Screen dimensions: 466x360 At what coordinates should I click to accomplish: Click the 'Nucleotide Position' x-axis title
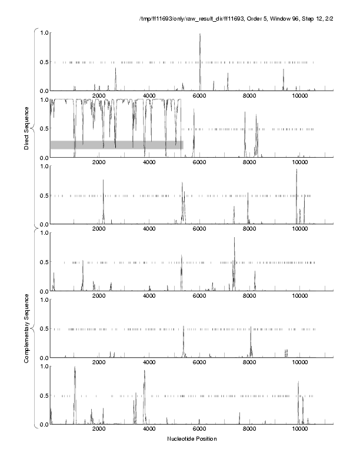(192, 439)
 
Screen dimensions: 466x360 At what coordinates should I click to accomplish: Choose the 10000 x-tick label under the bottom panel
(300, 430)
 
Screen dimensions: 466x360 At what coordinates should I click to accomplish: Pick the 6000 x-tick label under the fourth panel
(199, 297)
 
